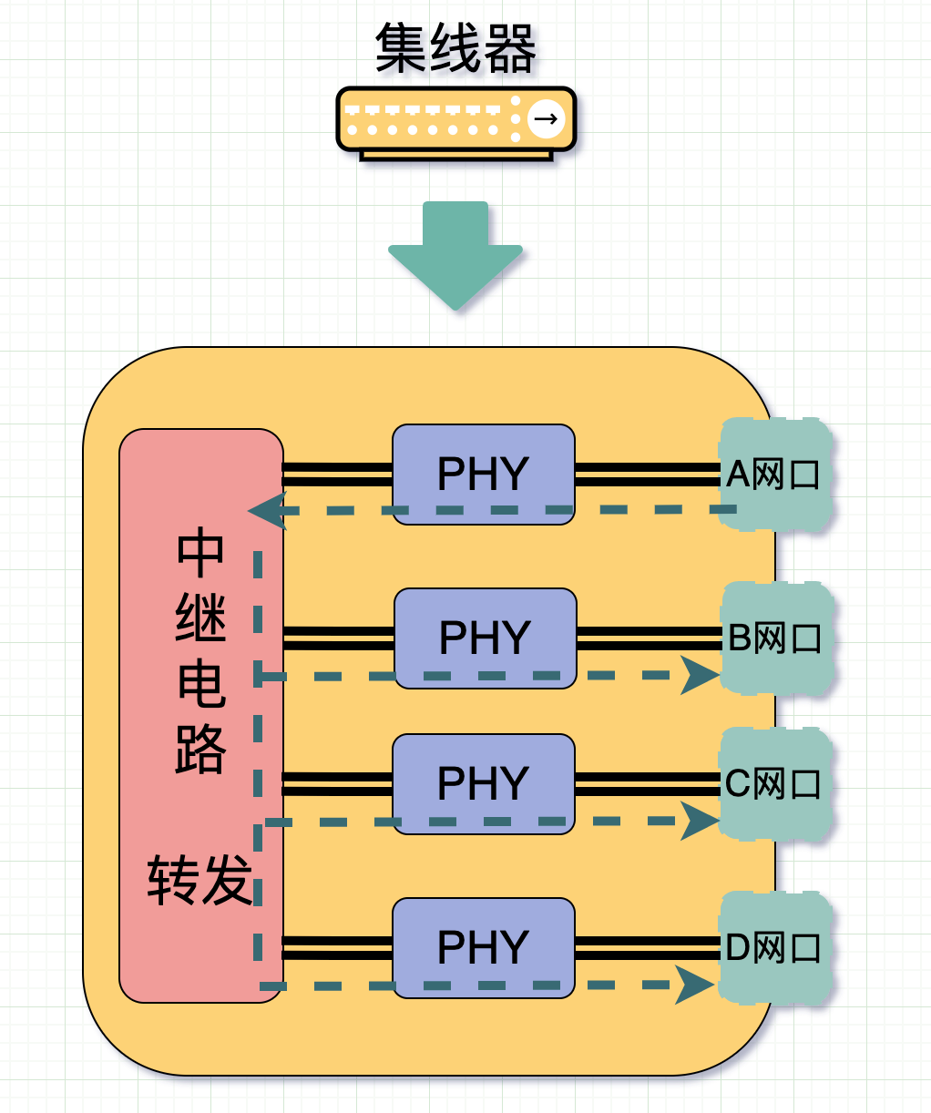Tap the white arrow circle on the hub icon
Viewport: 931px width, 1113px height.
click(x=546, y=118)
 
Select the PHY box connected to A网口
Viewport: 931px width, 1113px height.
click(x=483, y=474)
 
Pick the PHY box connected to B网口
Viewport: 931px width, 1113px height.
click(x=485, y=638)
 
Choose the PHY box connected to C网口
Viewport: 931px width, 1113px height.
click(x=483, y=783)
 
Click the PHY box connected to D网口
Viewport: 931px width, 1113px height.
click(x=483, y=947)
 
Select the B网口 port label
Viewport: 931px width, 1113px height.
click(x=775, y=638)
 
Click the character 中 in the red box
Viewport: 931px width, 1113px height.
click(x=200, y=554)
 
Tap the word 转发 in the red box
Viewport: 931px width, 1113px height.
click(x=199, y=881)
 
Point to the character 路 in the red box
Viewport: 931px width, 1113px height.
click(x=200, y=751)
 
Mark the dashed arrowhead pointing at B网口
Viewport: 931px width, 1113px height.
click(x=700, y=676)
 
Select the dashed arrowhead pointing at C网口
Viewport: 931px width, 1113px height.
click(x=700, y=822)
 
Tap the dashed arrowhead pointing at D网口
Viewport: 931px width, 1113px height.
click(x=695, y=985)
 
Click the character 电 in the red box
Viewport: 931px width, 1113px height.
click(x=200, y=685)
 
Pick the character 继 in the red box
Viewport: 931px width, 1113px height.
click(x=200, y=619)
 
